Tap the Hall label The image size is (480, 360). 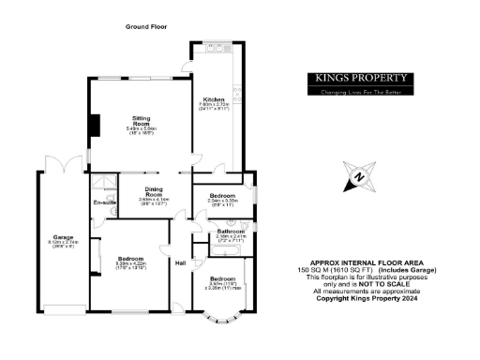click(180, 262)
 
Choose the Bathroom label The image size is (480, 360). click(231, 230)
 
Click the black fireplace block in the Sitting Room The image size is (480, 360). click(92, 126)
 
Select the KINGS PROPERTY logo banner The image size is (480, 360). click(361, 80)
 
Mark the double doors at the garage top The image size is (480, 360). click(60, 170)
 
